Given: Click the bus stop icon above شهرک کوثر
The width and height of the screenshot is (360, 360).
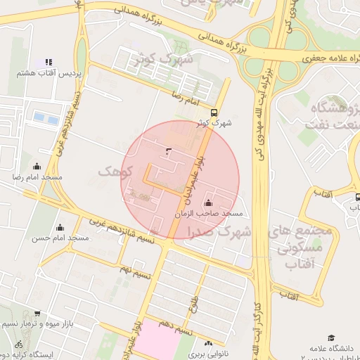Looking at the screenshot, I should tap(214, 112).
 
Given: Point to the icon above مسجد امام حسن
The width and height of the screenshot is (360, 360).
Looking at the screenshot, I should tap(60, 227).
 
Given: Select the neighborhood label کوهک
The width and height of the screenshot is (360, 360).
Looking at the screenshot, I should tap(115, 172).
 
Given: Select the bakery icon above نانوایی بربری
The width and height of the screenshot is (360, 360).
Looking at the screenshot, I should tap(207, 343).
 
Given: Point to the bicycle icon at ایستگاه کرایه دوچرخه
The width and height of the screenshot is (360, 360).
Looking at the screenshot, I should tap(18, 345).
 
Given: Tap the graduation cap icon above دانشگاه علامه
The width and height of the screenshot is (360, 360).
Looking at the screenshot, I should tap(331, 338).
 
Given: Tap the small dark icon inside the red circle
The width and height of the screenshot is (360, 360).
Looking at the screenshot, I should tap(167, 150).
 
